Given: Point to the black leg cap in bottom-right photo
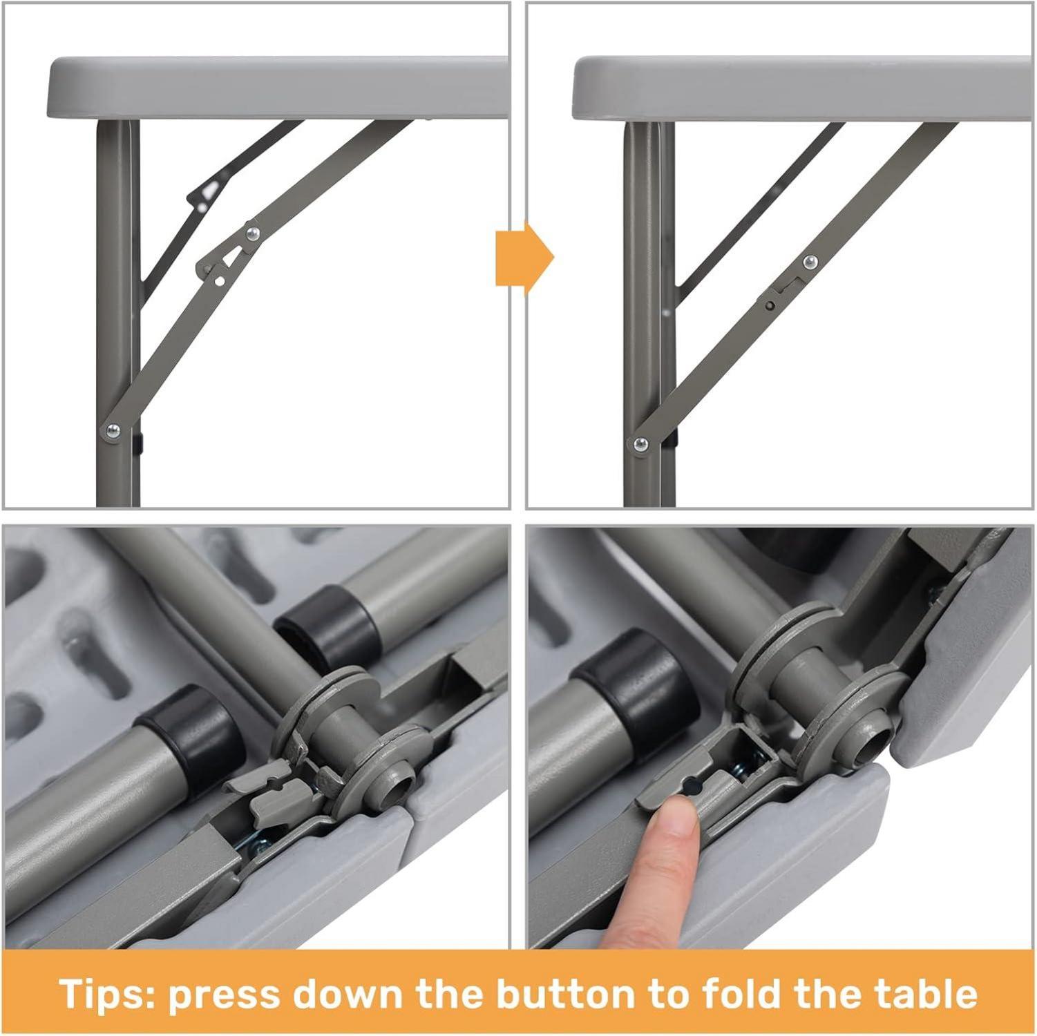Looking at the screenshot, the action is click(x=629, y=694).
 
